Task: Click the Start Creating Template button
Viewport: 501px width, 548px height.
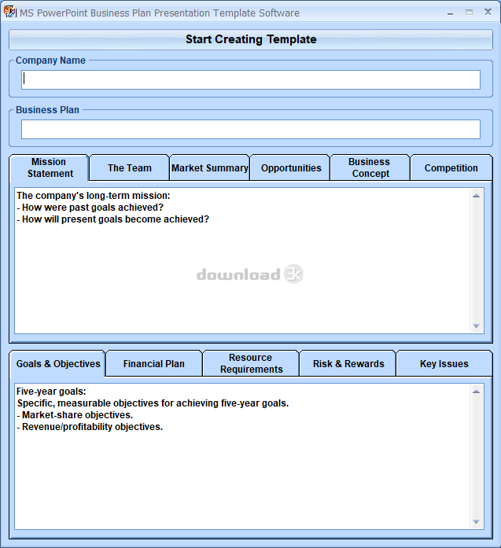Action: tap(250, 39)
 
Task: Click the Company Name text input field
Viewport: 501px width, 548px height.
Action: tap(250, 79)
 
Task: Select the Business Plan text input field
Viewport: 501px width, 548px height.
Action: tap(250, 130)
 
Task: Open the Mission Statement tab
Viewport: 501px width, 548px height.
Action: tap(50, 167)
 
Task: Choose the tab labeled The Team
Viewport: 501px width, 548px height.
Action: tap(130, 167)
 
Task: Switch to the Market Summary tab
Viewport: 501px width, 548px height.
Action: tap(210, 167)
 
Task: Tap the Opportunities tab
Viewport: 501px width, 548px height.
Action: tap(291, 167)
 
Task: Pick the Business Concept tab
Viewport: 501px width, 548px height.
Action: tap(370, 167)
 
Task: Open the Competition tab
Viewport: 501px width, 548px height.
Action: tap(451, 167)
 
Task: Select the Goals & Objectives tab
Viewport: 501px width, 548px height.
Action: tap(58, 364)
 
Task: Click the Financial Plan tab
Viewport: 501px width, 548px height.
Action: tap(154, 364)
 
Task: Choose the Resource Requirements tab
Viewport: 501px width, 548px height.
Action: tap(251, 363)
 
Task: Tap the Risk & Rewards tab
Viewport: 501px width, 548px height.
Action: tap(348, 364)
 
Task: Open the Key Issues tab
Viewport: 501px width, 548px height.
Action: tap(444, 364)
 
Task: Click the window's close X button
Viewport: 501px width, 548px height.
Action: tap(488, 13)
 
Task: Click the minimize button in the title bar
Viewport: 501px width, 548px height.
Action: tap(450, 13)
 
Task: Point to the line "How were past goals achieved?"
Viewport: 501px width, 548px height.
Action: tap(92, 208)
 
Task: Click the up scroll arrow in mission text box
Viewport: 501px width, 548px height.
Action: tap(477, 196)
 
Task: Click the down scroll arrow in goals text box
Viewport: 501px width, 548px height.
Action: tap(477, 521)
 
